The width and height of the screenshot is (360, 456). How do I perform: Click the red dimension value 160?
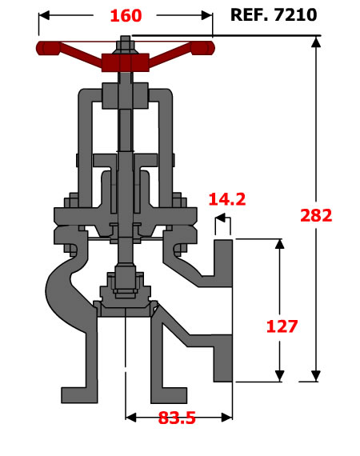click(126, 16)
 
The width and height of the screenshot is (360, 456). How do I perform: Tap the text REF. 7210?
click(274, 15)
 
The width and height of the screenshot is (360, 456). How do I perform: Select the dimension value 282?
click(316, 215)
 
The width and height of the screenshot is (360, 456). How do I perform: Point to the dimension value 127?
click(282, 326)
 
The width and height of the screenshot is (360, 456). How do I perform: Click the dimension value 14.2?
click(227, 199)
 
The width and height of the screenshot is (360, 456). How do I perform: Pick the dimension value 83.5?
click(177, 418)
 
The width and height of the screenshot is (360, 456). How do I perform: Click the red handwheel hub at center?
click(126, 62)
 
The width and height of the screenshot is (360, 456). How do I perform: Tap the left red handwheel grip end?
click(48, 48)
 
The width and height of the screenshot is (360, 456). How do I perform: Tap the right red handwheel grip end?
click(202, 48)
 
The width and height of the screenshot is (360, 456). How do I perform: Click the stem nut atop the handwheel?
click(126, 46)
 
